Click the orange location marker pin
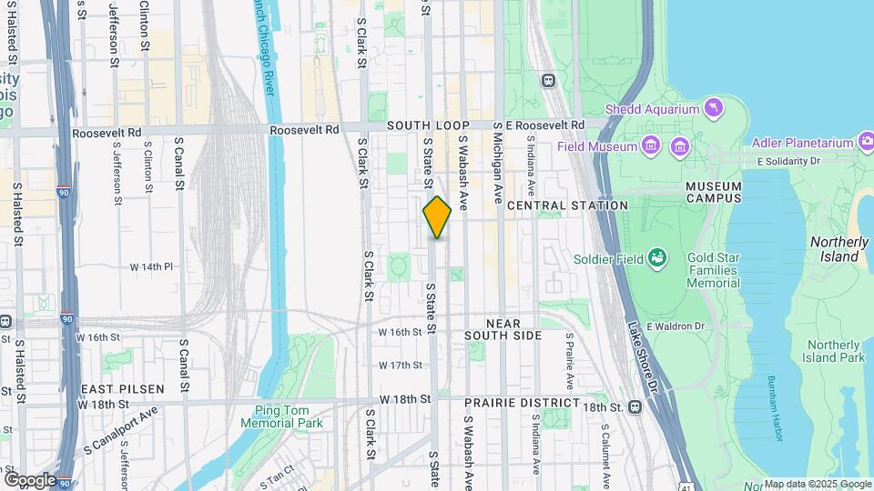point(437,216)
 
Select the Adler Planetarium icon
point(866,142)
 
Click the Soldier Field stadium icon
point(655,258)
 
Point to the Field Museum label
point(597,145)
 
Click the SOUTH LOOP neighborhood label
point(428,125)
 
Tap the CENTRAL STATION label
point(567,205)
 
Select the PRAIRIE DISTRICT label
point(522,402)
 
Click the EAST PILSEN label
point(122,389)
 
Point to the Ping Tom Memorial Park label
point(282,416)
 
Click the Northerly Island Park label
point(835,351)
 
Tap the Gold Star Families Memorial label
point(713,271)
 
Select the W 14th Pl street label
point(150,266)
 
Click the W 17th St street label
point(401,365)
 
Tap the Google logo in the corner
point(29,479)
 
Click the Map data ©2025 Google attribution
point(817,484)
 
